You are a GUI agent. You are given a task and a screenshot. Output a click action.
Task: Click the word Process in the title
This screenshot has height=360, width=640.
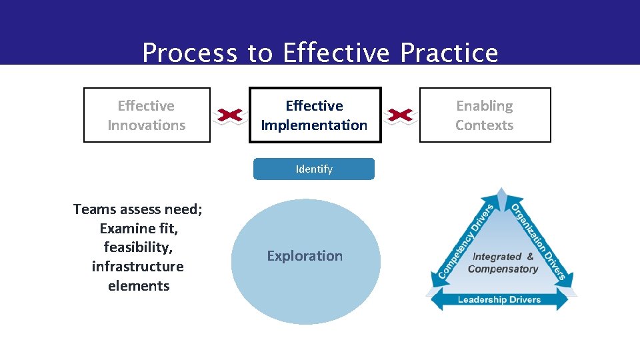pyautogui.click(x=190, y=53)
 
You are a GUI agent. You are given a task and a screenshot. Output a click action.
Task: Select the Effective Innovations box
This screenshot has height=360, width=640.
pyautogui.click(x=147, y=115)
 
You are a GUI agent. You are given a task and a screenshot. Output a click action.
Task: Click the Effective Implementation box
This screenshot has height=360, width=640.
pyautogui.click(x=315, y=115)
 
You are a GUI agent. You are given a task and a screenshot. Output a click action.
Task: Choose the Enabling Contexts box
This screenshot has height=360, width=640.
pyautogui.click(x=485, y=115)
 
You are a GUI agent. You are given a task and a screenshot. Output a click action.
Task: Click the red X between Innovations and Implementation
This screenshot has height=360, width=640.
pyautogui.click(x=229, y=116)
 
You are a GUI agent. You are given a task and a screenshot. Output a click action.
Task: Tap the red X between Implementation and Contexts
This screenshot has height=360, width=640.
pyautogui.click(x=401, y=116)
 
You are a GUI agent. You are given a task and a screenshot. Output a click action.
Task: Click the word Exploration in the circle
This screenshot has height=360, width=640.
pyautogui.click(x=305, y=256)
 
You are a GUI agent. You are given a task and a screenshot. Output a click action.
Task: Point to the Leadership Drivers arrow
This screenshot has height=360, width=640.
pyautogui.click(x=500, y=299)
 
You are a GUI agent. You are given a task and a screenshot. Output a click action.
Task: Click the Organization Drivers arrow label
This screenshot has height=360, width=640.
pyautogui.click(x=539, y=241)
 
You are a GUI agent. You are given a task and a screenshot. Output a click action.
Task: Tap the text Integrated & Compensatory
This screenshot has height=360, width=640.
pyautogui.click(x=503, y=263)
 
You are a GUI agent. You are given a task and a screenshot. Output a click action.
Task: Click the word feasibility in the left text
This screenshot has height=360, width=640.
pyautogui.click(x=138, y=247)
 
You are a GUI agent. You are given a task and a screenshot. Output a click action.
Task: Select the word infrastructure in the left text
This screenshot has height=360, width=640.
pyautogui.click(x=138, y=267)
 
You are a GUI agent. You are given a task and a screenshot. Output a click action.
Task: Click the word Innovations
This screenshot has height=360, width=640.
pyautogui.click(x=147, y=125)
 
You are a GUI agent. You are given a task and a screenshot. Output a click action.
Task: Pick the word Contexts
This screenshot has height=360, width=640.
pyautogui.click(x=485, y=125)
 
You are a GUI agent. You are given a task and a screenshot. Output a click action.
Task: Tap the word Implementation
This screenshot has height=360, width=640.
pyautogui.click(x=315, y=125)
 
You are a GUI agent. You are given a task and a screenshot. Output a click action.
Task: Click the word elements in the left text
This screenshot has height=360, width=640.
pyautogui.click(x=138, y=286)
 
